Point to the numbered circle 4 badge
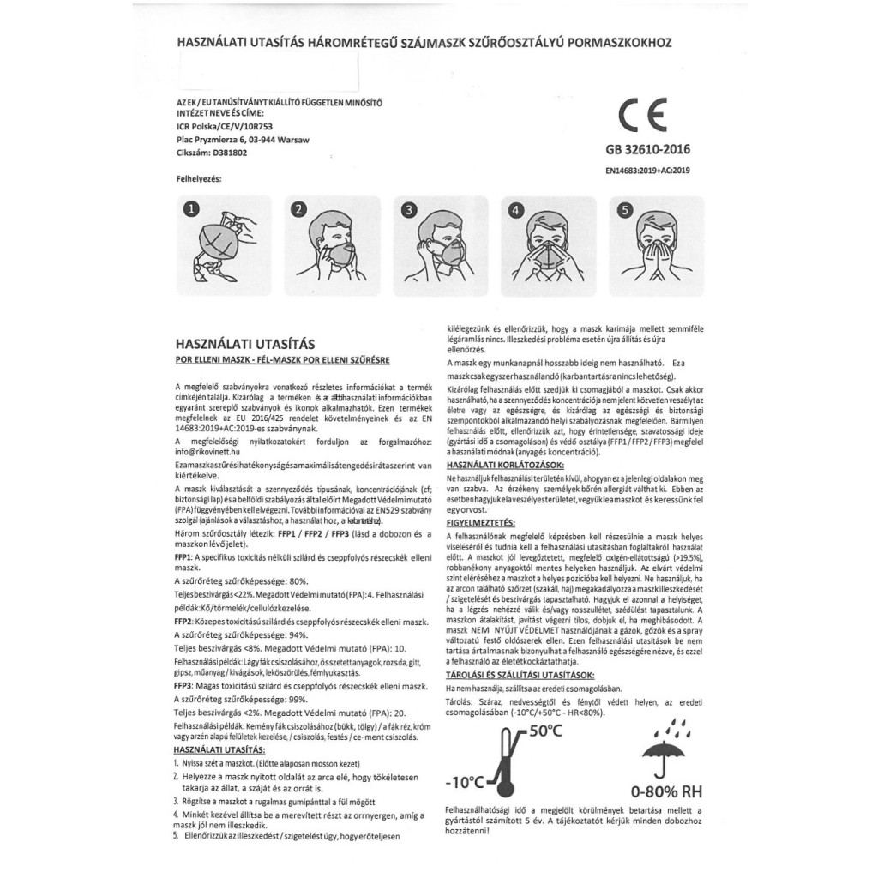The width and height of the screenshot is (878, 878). pyautogui.click(x=515, y=209)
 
